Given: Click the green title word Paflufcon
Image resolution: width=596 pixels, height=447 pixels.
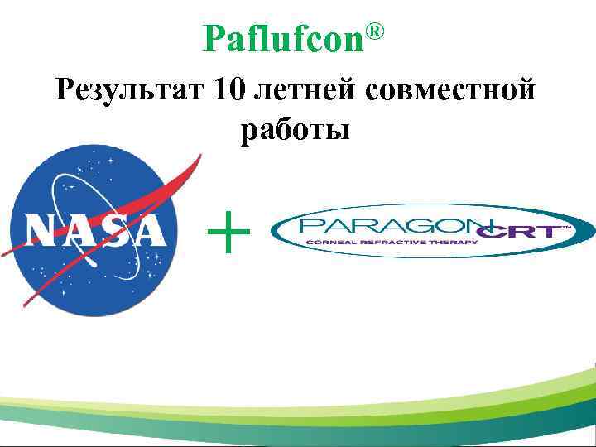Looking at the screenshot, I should pyautogui.click(x=283, y=39).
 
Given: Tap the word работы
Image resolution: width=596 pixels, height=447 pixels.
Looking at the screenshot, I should pyautogui.click(x=296, y=130).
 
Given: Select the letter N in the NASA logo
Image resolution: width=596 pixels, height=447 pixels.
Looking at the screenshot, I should pyautogui.click(x=41, y=230).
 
